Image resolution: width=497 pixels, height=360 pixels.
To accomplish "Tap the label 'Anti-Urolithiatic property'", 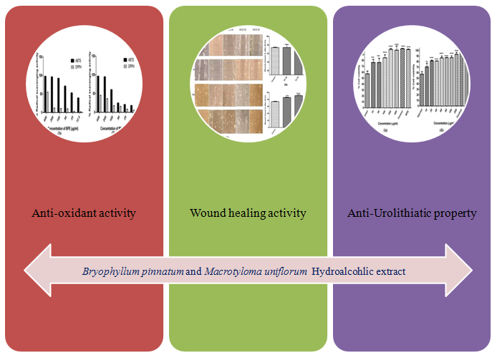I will pos(412,213).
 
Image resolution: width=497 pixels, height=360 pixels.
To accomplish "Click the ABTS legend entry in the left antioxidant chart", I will pos(74,60).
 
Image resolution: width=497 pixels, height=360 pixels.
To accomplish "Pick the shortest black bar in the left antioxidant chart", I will pos(79,104).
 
